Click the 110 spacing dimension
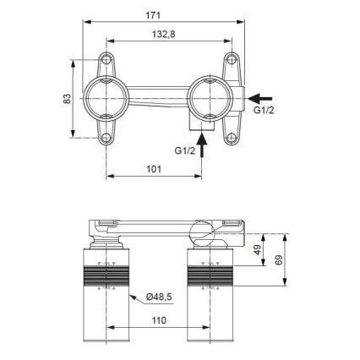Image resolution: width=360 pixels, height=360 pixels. point(158,321)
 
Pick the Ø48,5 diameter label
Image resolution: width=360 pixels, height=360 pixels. point(161,297)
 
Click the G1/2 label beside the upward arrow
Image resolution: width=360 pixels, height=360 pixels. point(185,150)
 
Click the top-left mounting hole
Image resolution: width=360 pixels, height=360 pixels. point(107,60)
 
